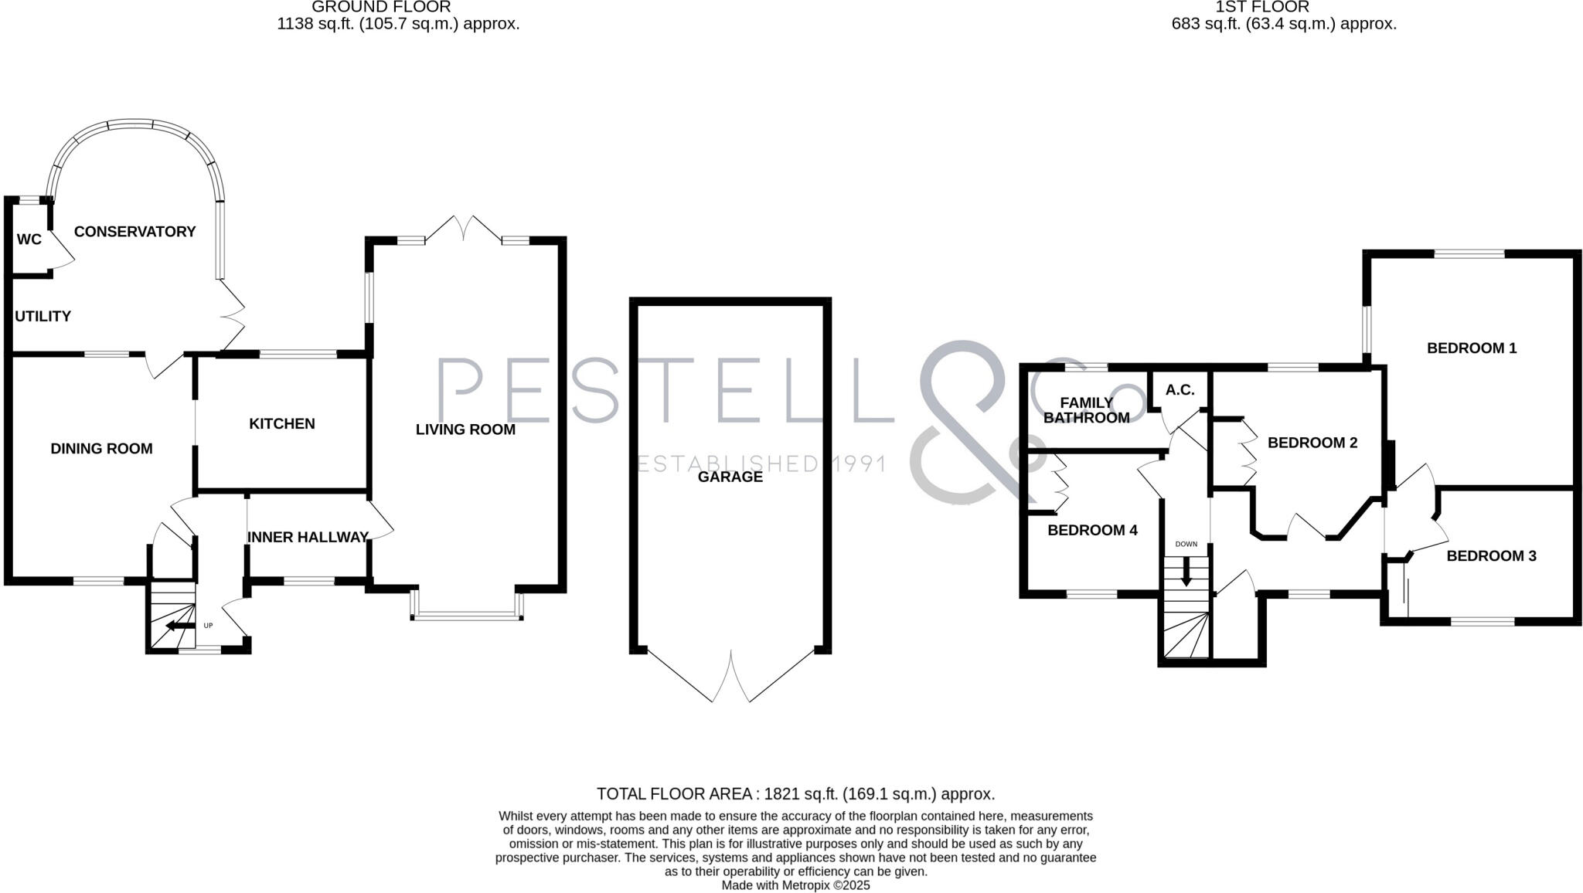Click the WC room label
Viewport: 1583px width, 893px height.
click(29, 239)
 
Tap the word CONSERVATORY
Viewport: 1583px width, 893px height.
click(134, 232)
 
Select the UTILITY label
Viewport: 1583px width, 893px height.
click(43, 316)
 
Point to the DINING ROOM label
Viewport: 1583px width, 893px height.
click(101, 449)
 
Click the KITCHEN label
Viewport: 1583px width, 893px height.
click(281, 424)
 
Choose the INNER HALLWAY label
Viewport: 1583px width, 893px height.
click(308, 538)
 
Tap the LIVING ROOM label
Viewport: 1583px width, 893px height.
click(465, 430)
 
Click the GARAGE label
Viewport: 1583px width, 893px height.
click(730, 477)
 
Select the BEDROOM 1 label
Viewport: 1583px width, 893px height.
click(1471, 348)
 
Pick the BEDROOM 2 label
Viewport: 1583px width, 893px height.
click(1312, 443)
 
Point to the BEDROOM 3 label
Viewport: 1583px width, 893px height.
click(1491, 556)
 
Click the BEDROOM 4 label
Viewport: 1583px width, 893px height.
click(1092, 531)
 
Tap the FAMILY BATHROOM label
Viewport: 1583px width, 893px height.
click(1086, 410)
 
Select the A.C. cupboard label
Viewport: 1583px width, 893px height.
click(1180, 390)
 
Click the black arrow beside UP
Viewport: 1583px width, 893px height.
click(179, 626)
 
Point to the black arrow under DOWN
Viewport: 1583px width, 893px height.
click(1186, 572)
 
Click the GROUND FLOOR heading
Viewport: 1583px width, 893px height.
click(381, 8)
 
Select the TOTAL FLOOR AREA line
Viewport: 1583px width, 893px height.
click(795, 794)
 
